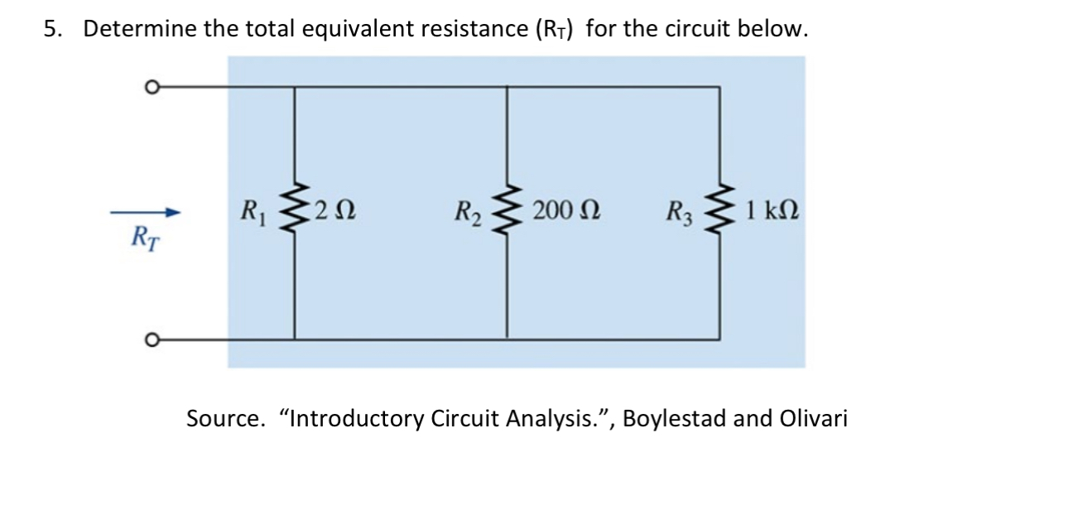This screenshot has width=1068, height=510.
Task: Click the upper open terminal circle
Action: (x=150, y=86)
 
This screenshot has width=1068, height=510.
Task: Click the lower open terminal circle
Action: (x=150, y=339)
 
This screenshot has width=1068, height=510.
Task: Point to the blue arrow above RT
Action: (x=146, y=213)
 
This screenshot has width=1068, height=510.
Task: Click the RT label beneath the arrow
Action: (x=145, y=238)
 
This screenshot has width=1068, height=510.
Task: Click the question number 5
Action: (x=51, y=30)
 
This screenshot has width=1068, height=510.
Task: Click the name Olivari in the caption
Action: (x=814, y=418)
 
